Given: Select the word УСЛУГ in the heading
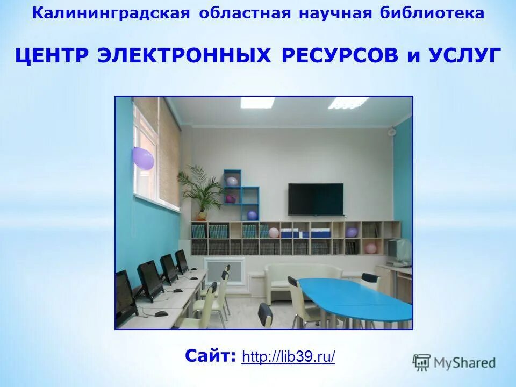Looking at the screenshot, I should coord(465,55).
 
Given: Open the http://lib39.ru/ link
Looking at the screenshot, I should coord(288,356).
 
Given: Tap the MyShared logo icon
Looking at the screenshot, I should coord(421,362).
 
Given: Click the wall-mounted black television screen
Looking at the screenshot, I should coord(316,199).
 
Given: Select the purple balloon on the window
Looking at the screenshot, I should coord(143,158).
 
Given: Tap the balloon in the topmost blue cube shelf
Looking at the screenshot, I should coord(232,181).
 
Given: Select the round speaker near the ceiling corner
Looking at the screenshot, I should coord(392,131).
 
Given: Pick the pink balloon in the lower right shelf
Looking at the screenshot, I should coord(370,248).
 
